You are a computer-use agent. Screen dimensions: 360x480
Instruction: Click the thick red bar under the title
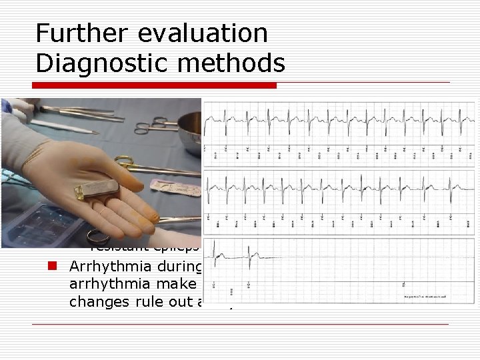[x=156, y=85]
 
